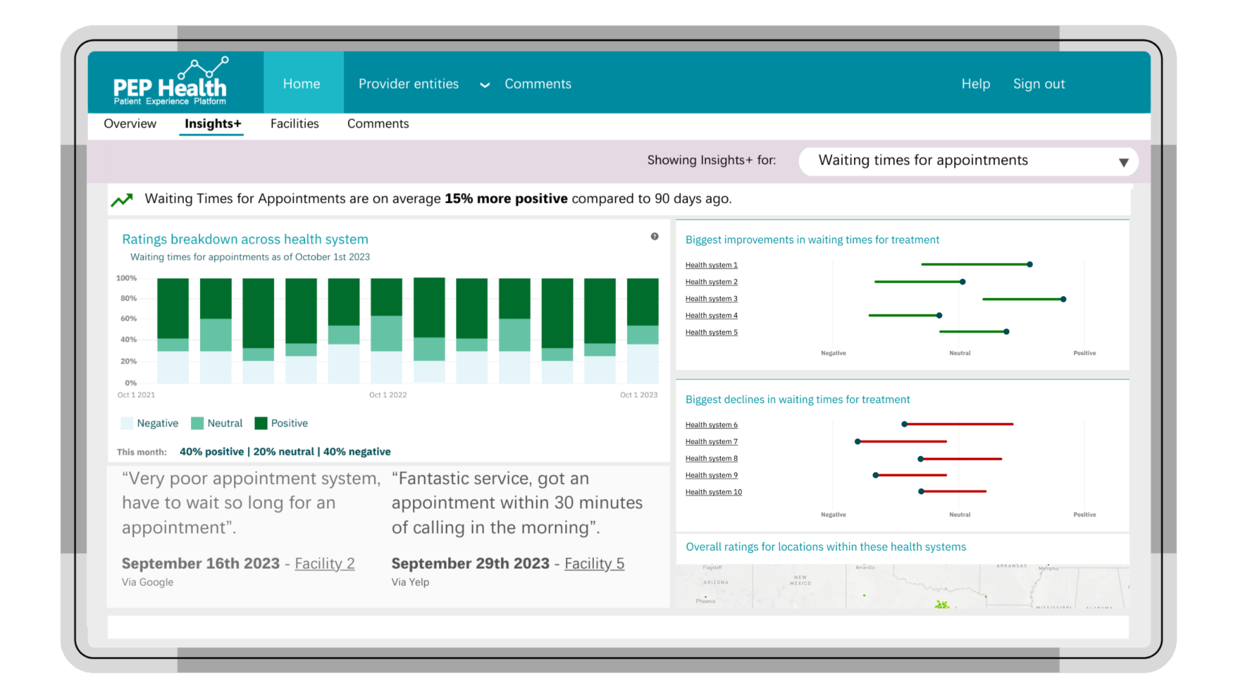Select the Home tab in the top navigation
301,84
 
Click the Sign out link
1038,84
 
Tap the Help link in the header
975,84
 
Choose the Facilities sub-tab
294,124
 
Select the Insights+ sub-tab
213,124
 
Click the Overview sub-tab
130,124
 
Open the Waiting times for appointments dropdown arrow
1123,162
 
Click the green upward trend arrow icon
122,200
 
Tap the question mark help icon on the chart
654,237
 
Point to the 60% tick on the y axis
129,319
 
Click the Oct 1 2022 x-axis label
388,395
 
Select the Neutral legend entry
217,423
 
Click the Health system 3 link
711,299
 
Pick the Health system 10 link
713,492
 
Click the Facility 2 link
325,563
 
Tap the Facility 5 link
594,563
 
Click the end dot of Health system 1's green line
1029,265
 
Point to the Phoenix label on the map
705,601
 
